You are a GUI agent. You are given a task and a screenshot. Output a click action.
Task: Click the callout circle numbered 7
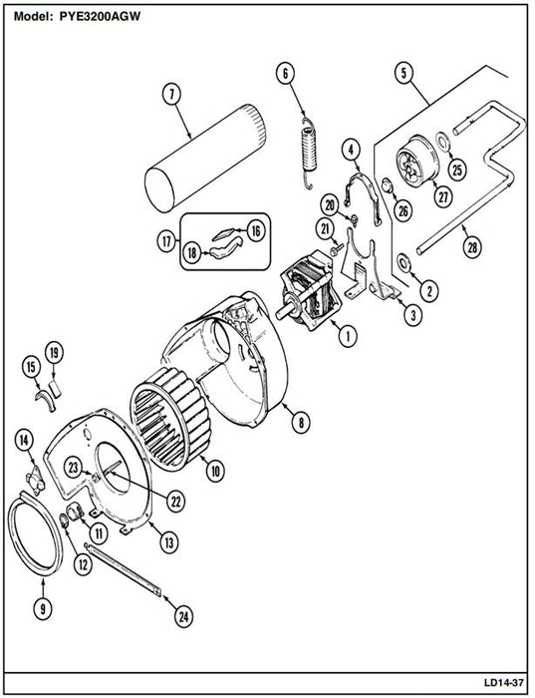172,96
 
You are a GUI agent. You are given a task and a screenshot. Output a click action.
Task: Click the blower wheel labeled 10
170,419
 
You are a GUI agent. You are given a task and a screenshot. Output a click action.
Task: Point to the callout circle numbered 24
183,616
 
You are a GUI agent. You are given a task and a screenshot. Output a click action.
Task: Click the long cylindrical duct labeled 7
206,158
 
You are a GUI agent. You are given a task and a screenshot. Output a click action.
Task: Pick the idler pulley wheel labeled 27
417,160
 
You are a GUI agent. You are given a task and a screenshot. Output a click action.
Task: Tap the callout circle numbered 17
166,242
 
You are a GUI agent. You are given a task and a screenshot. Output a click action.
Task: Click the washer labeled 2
404,262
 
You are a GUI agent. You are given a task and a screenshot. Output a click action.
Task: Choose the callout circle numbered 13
169,542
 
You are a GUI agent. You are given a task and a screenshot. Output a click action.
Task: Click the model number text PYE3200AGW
100,17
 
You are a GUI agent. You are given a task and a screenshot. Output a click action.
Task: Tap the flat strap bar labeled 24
123,568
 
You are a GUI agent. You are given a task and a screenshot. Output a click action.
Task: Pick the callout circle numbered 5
403,73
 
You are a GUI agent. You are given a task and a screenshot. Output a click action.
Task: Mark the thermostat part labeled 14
36,483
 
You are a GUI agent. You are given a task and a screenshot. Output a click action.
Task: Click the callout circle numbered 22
175,502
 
